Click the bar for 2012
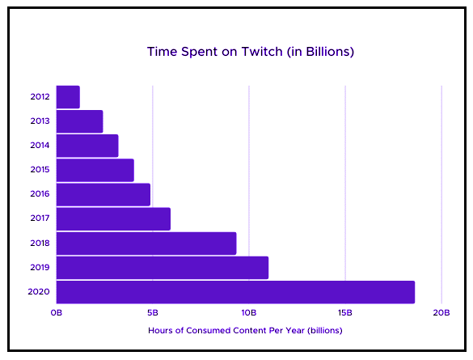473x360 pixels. coord(68,97)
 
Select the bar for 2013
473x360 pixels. coord(79,121)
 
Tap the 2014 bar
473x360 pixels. coord(87,146)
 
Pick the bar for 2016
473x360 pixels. coord(103,195)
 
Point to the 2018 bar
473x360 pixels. coord(146,244)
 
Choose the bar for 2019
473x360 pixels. coord(163,268)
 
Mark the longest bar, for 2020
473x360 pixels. coord(235,292)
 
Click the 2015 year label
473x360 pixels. coord(40,170)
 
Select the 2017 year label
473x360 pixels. coord(40,218)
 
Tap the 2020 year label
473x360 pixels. coord(39,292)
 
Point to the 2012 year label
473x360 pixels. coord(40,96)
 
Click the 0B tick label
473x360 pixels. coord(57,312)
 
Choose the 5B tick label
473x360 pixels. coord(153,312)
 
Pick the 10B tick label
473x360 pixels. coord(249,312)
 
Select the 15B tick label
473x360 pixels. coord(345,312)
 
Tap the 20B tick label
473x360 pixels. coord(441,312)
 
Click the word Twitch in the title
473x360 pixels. coord(262,52)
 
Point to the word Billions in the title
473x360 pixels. coord(327,52)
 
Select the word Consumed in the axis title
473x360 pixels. coord(208,330)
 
